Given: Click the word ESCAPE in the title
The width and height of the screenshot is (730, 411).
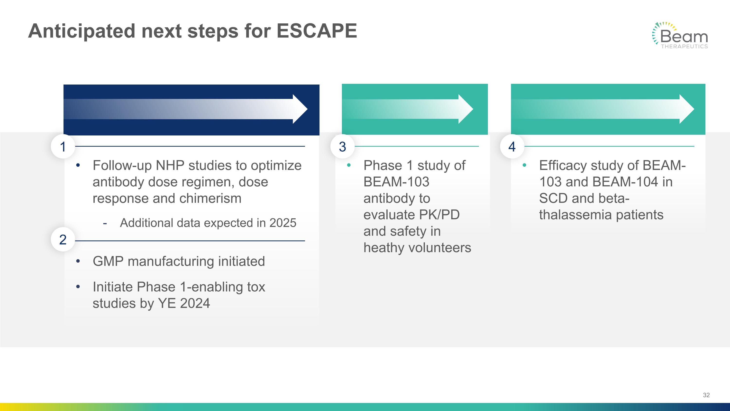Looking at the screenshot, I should point(317,31).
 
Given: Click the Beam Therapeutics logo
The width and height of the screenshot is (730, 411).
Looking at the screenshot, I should point(680,36).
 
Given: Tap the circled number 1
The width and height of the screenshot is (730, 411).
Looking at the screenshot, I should point(63,147).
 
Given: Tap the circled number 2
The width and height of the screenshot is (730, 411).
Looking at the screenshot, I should point(63,240).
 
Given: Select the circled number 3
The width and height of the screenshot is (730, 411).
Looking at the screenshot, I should point(342,147).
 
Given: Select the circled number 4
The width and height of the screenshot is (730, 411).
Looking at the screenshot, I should point(512,147).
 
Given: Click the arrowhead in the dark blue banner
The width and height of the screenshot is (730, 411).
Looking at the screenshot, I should point(300,109).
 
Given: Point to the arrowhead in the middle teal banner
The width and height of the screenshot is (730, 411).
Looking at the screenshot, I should point(465,109).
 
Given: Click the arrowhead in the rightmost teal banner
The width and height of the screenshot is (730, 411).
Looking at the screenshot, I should point(686,109).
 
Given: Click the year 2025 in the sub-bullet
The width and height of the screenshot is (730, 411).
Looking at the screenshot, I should point(283,223).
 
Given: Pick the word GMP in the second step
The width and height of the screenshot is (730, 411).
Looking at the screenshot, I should point(108,261).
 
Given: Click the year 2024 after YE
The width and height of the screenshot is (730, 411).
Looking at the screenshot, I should point(195,303).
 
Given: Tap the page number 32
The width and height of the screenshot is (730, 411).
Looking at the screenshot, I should point(706,395).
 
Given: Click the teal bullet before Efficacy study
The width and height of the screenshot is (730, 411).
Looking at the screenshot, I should point(524,165).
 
